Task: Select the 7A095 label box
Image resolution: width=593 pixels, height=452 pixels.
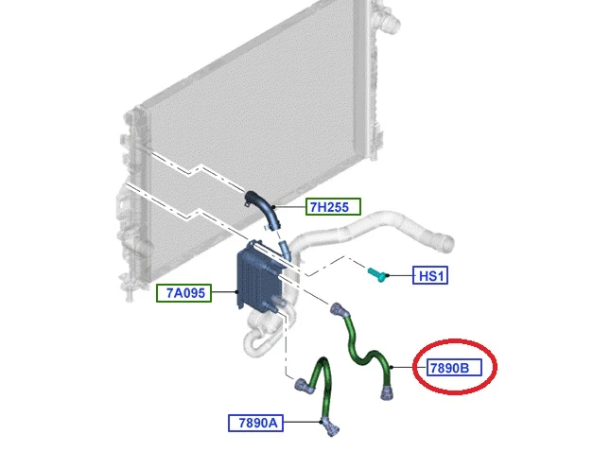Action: click(x=183, y=293)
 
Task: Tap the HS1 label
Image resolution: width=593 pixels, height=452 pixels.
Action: click(x=430, y=275)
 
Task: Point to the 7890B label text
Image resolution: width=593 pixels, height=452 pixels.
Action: click(x=449, y=368)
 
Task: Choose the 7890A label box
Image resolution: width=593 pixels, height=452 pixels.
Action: click(x=255, y=423)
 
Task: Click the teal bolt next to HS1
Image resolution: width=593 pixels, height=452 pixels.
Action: click(x=377, y=274)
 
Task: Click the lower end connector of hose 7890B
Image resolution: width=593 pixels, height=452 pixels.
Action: click(x=387, y=392)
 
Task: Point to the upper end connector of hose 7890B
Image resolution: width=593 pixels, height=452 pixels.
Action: click(x=338, y=310)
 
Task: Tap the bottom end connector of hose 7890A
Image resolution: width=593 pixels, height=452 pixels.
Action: click(x=330, y=426)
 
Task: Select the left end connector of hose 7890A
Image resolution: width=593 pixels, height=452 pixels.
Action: click(x=304, y=386)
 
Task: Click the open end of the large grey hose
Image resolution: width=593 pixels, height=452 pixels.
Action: click(x=446, y=243)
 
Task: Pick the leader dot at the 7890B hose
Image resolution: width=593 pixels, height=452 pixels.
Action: click(x=392, y=367)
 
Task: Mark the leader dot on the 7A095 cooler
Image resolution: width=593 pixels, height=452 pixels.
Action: click(x=236, y=291)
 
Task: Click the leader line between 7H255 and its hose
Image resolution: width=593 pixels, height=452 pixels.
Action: click(x=289, y=206)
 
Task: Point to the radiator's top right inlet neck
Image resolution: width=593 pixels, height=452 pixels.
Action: click(x=389, y=17)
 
